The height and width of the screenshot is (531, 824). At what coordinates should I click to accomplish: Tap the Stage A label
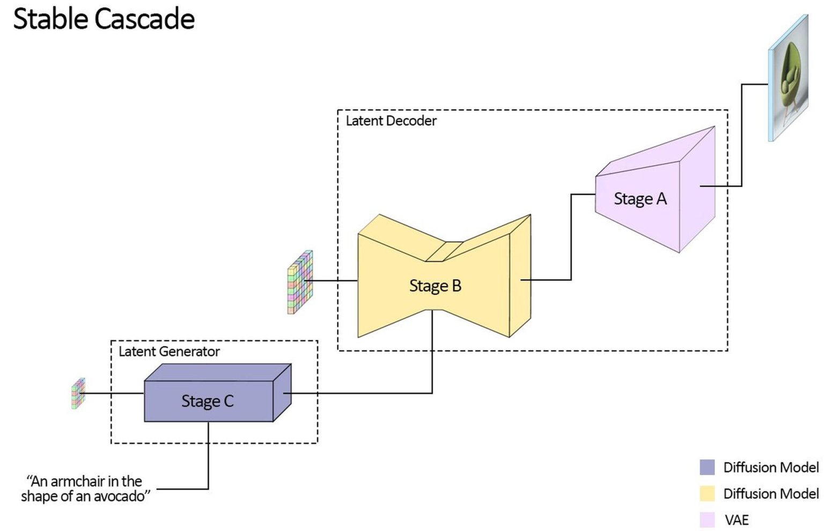tap(640, 199)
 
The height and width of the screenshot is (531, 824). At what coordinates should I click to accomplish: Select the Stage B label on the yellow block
tap(435, 286)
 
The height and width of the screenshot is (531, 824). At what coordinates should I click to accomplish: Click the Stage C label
tap(207, 401)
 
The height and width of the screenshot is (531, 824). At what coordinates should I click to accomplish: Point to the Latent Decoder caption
tap(391, 121)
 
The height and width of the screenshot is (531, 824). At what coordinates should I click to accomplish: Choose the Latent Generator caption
tap(169, 352)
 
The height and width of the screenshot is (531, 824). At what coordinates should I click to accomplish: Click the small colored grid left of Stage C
tap(78, 394)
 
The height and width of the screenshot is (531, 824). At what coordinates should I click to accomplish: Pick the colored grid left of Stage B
tap(300, 282)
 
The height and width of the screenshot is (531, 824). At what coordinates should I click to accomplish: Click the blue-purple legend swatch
tap(707, 467)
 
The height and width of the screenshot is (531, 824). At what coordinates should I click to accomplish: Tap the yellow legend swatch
tap(707, 493)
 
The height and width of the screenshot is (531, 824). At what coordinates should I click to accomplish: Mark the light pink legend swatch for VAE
tap(707, 520)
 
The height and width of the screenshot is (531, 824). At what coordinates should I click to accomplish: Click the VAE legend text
tap(736, 520)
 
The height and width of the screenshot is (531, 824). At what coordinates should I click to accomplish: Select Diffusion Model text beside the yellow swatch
tap(771, 494)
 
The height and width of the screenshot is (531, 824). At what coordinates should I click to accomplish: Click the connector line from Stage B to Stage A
tap(571, 236)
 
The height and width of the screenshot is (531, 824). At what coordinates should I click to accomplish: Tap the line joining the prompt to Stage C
tap(208, 456)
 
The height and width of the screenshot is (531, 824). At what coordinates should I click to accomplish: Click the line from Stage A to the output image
tap(741, 134)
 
